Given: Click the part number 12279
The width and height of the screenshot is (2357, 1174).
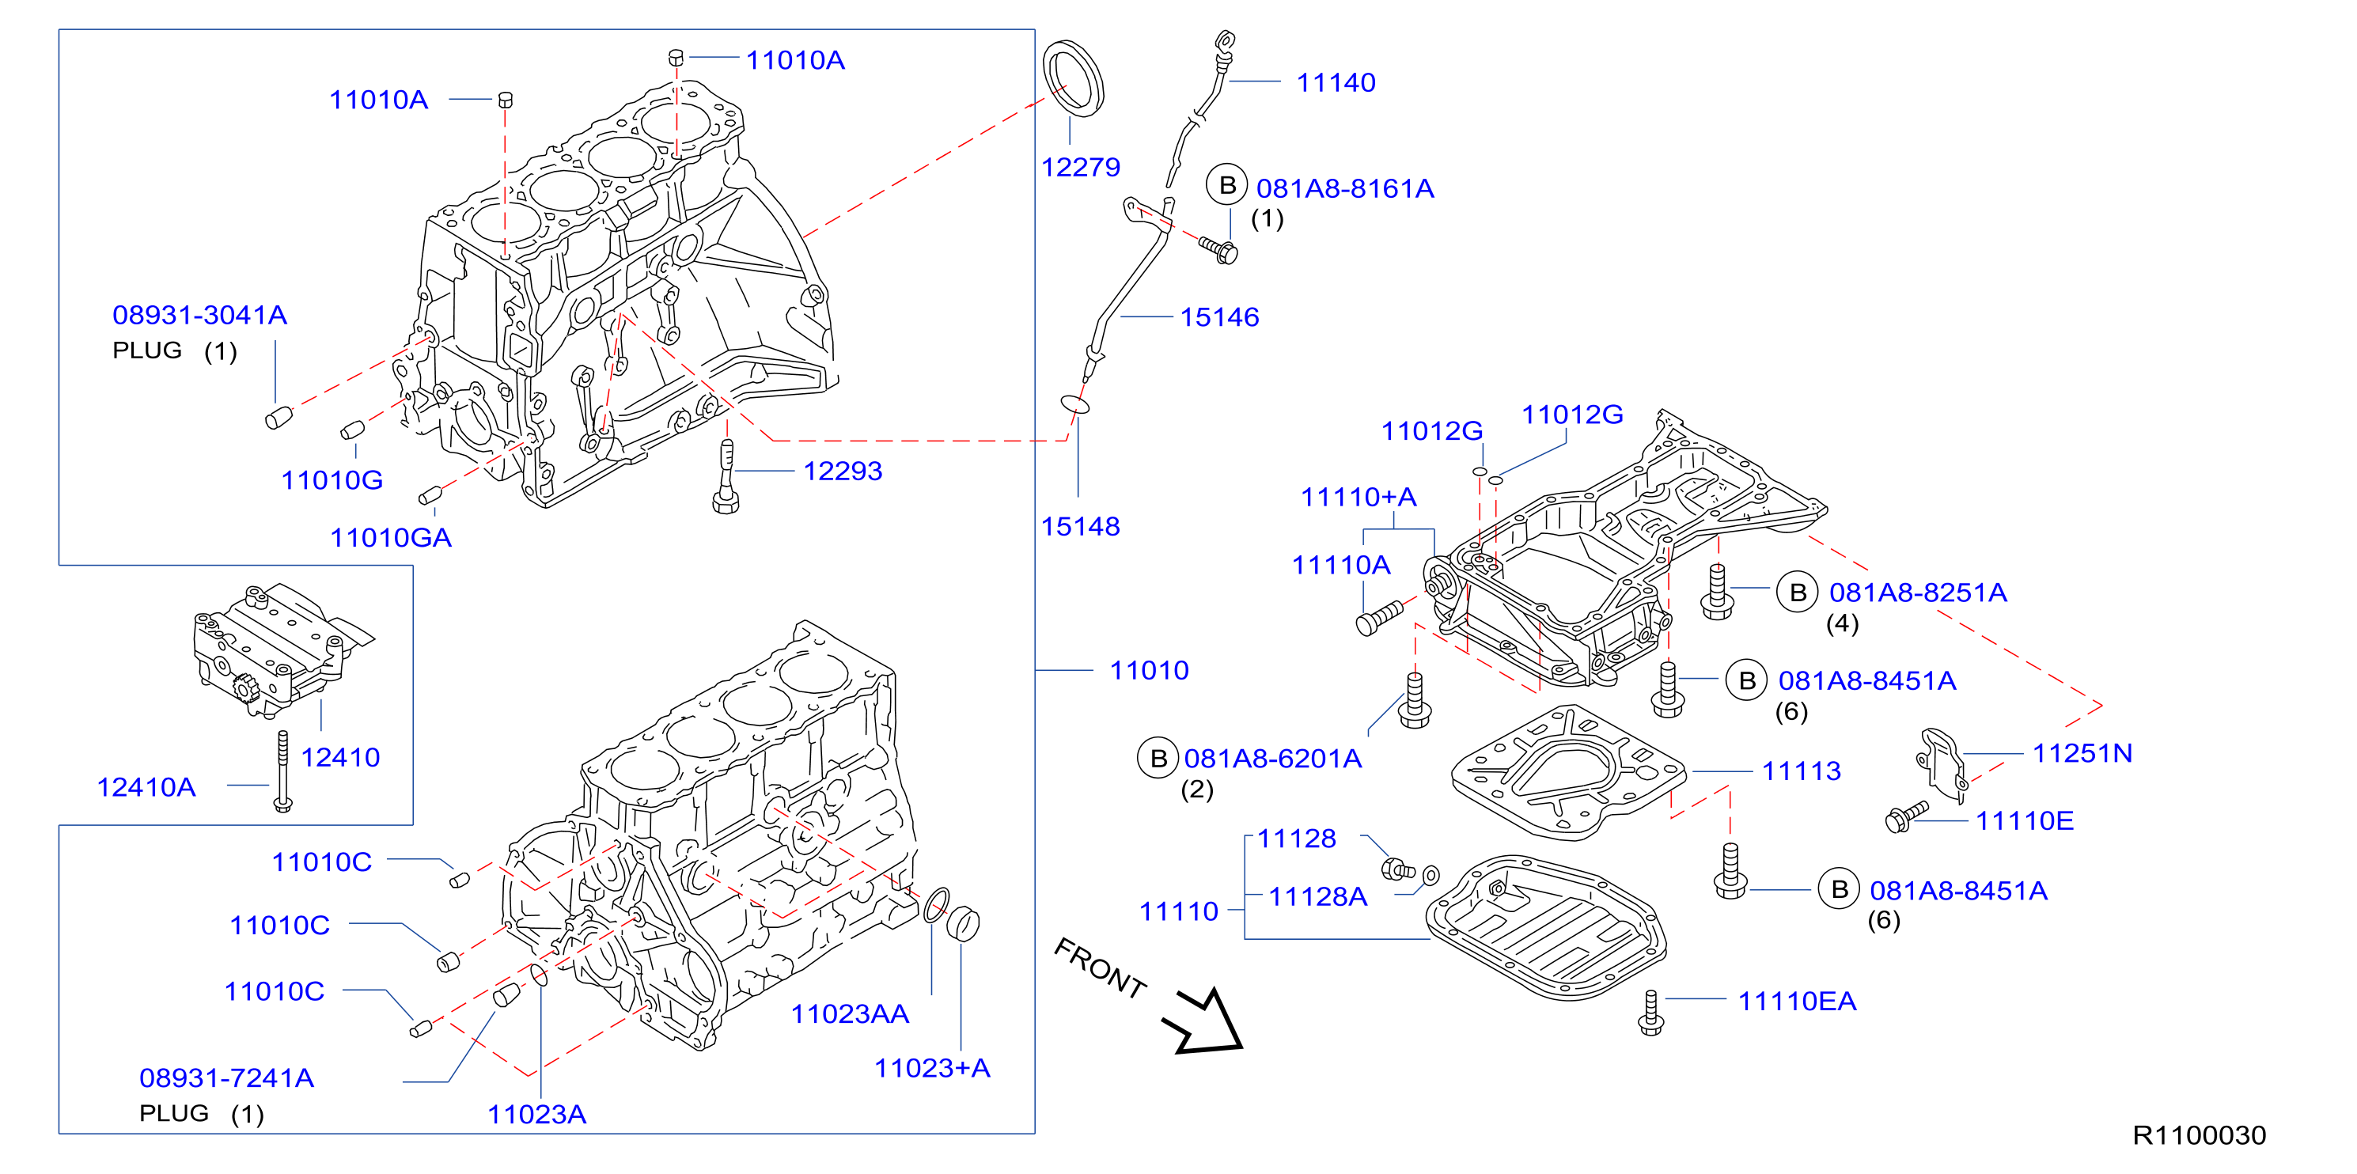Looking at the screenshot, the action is click(1081, 167).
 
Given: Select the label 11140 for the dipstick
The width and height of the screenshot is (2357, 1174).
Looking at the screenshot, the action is click(1336, 82).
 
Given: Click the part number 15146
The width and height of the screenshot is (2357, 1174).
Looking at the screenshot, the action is click(1220, 316).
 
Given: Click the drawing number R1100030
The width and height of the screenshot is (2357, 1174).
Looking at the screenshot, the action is click(2200, 1134).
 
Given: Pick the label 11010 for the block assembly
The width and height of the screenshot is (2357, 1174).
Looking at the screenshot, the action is click(1149, 670).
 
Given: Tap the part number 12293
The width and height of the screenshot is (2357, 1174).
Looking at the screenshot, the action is click(843, 471).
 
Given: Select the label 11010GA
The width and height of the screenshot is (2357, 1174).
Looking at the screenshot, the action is click(391, 537).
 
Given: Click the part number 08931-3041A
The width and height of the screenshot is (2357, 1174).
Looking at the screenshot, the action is click(199, 315).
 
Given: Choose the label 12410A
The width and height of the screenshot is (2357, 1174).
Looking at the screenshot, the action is click(146, 787).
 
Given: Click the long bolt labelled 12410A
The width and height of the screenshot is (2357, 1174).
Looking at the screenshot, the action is click(282, 771).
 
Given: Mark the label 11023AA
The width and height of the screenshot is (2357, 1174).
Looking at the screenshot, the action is click(850, 1014).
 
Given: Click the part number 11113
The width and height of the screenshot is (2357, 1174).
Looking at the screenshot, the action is click(1802, 771).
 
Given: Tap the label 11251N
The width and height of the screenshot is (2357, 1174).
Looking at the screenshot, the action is click(2082, 753).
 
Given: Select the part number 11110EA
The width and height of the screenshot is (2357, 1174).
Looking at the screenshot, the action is click(1797, 1001).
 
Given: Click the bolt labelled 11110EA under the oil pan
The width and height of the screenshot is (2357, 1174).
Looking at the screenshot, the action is click(1650, 1013).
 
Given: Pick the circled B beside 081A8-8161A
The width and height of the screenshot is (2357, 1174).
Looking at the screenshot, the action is click(1227, 185).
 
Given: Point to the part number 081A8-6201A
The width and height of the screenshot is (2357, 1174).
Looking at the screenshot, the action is click(1273, 759).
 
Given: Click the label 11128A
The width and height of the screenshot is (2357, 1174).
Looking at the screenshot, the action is click(1317, 897).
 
